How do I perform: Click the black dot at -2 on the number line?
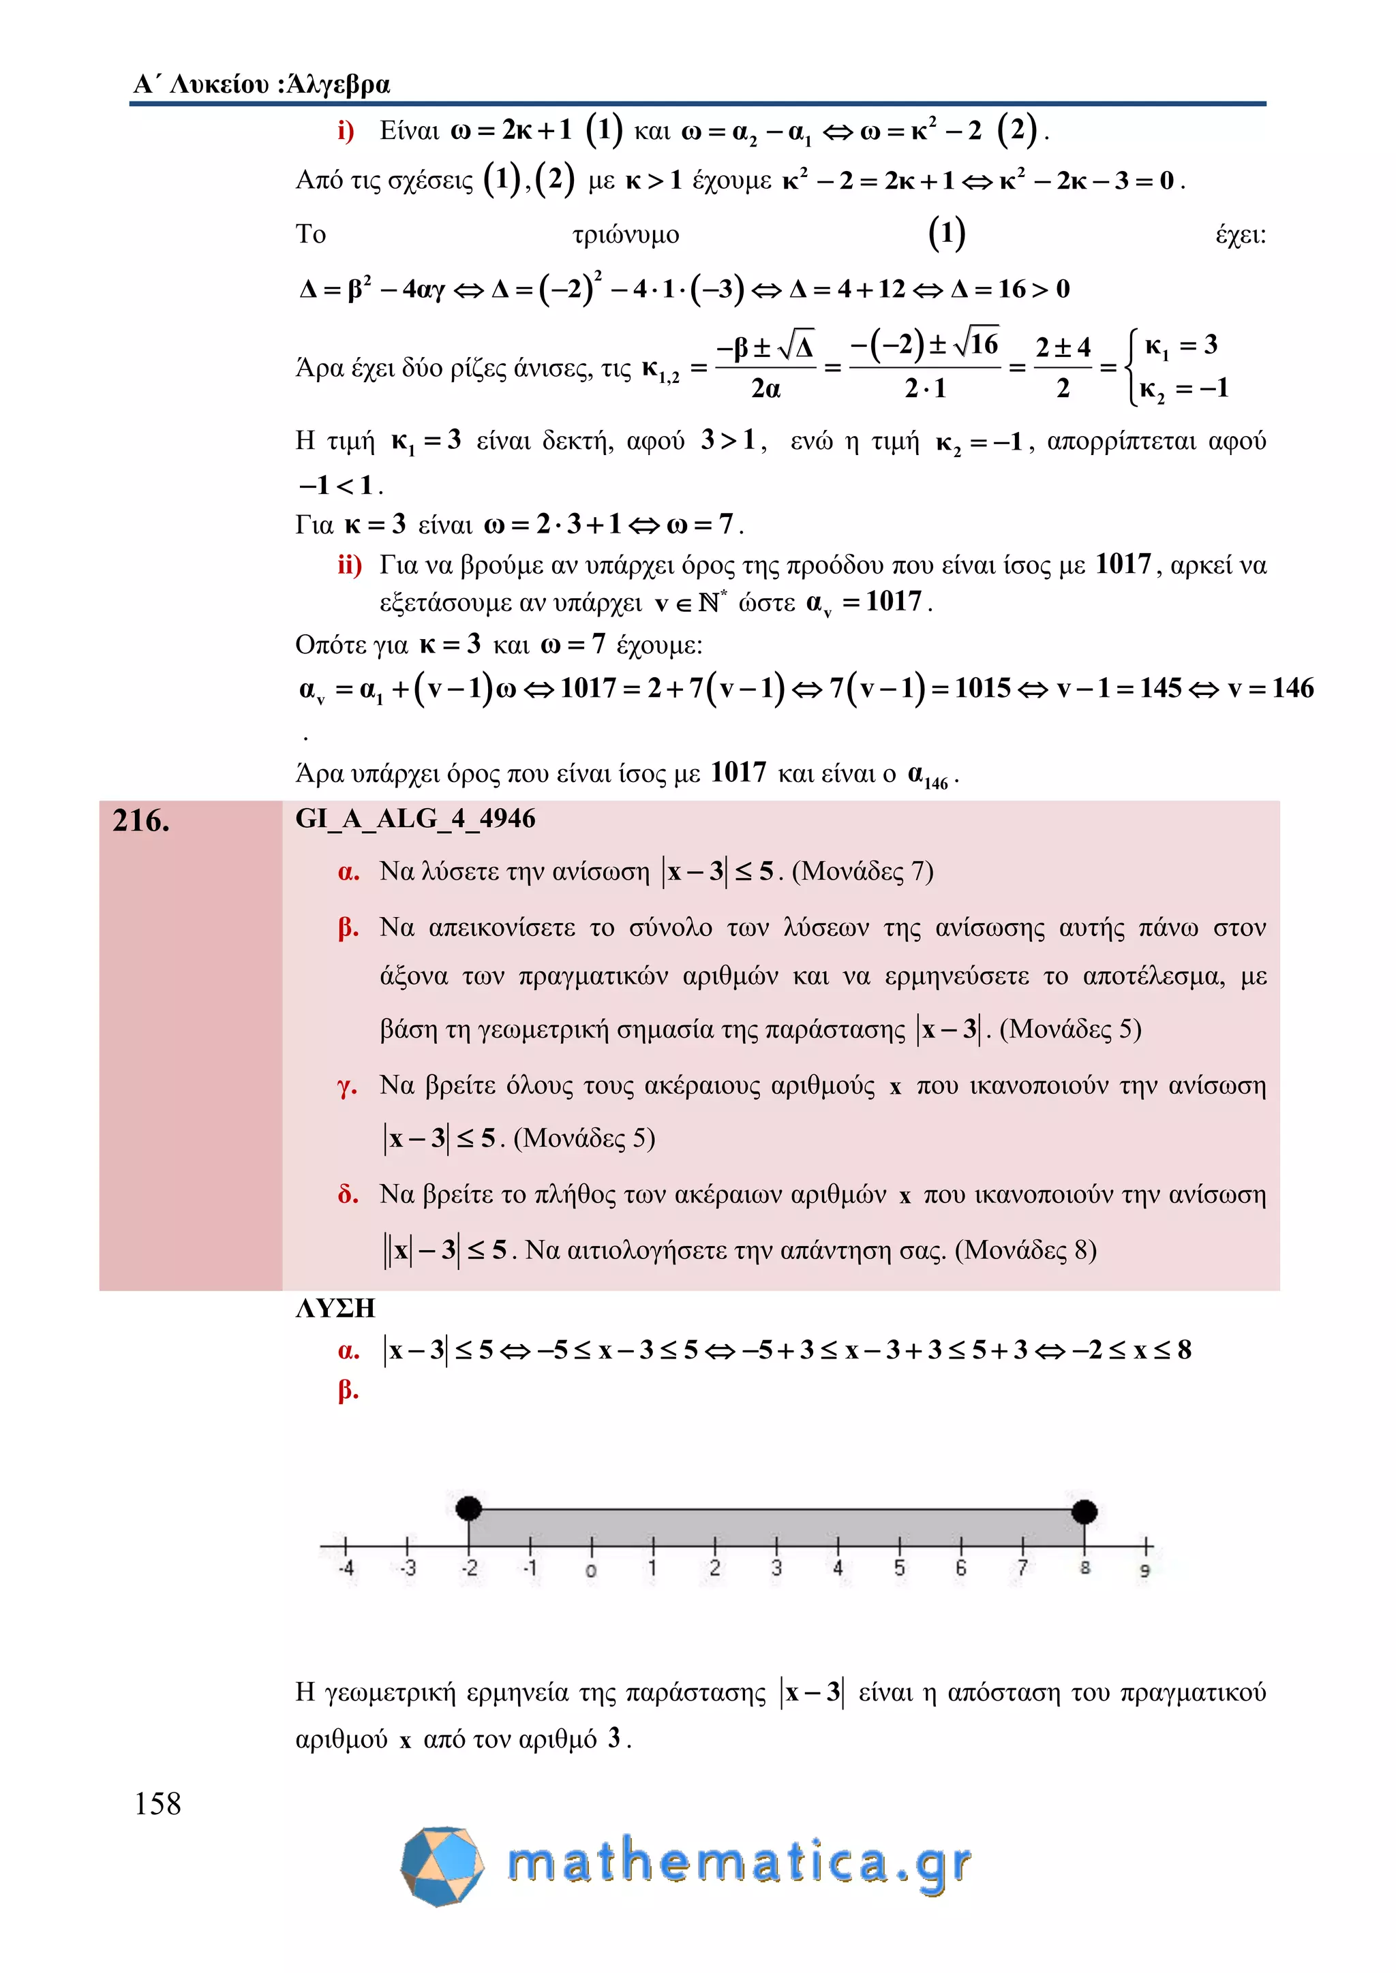point(468,1507)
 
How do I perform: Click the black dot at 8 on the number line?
point(1084,1510)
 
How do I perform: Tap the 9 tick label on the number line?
point(1145,1570)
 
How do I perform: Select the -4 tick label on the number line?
point(346,1568)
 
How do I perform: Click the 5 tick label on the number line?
point(899,1568)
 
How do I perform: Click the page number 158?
point(158,1804)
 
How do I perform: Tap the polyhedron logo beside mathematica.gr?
point(442,1865)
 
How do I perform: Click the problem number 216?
point(141,822)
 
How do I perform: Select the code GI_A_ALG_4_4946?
point(415,819)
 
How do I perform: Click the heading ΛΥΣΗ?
point(335,1308)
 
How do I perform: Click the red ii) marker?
point(349,565)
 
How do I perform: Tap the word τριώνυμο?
point(626,234)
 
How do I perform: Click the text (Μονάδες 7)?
point(862,871)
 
